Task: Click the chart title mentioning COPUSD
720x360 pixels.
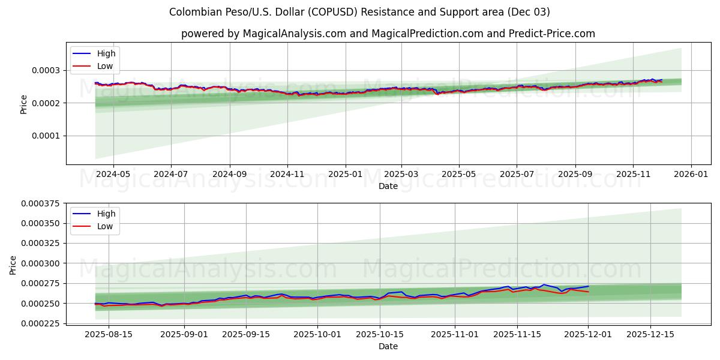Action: [359, 12]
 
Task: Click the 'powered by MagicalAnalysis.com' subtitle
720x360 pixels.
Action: [388, 34]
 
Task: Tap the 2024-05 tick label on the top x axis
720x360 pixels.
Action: [113, 175]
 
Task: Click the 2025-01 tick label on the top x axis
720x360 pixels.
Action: [346, 175]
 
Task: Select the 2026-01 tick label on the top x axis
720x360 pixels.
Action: [691, 175]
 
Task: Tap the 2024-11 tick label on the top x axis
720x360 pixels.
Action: [287, 175]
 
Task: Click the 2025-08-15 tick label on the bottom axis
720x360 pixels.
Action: [109, 335]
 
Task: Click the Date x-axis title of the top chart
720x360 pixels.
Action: [388, 186]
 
